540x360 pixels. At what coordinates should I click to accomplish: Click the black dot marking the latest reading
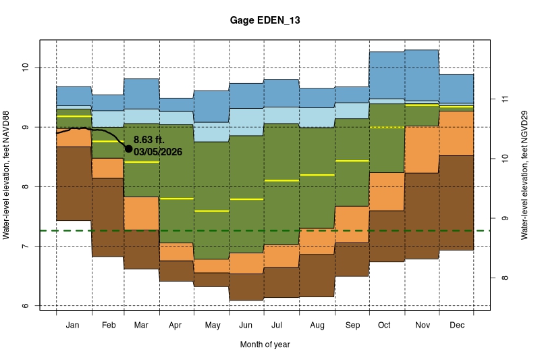click(129, 149)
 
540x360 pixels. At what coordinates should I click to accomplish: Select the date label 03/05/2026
click(158, 152)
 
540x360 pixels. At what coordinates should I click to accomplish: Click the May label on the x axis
click(212, 326)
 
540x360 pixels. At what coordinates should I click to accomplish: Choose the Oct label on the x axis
click(384, 326)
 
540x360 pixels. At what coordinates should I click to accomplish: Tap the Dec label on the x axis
click(456, 326)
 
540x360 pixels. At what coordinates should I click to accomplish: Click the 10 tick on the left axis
click(25, 68)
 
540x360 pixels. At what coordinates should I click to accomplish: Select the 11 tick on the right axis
click(503, 99)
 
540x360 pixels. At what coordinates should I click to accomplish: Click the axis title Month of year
click(265, 344)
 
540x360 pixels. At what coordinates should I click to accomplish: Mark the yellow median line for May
click(212, 211)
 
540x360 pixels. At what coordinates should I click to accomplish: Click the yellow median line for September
click(352, 161)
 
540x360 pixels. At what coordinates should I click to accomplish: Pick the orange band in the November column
click(422, 149)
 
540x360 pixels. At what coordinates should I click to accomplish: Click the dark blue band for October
click(387, 75)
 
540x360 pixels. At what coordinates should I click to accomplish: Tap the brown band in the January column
click(74, 183)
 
